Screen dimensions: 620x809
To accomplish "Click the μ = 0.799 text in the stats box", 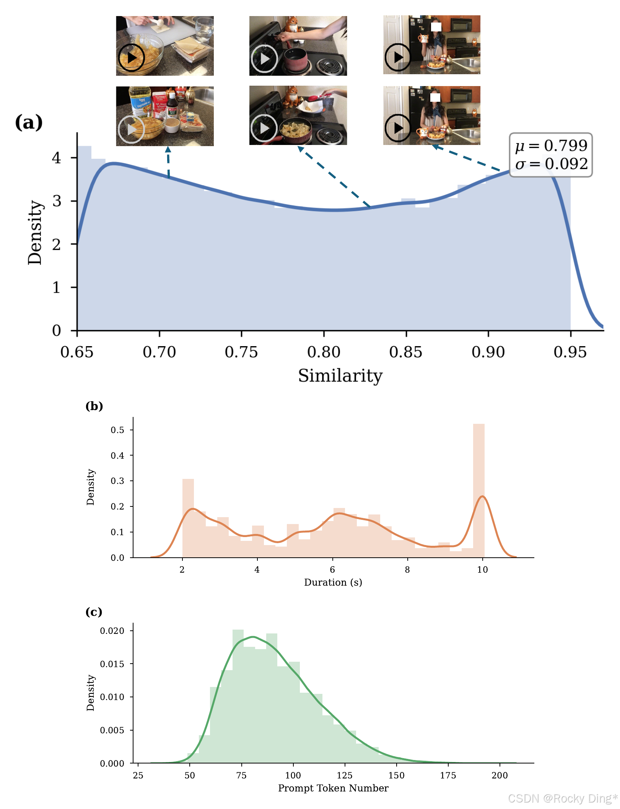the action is (x=551, y=146).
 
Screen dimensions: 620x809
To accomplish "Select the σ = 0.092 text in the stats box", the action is (x=551, y=164).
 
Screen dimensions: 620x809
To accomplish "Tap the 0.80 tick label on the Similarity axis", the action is (x=324, y=352).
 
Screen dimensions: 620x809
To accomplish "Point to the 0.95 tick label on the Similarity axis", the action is (x=570, y=352).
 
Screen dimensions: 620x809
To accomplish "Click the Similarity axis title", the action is (x=340, y=376).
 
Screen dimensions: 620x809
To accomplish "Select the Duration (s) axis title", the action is (x=333, y=582).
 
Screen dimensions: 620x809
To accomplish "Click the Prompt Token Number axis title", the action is (x=333, y=788).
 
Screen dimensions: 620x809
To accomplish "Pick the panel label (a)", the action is (x=29, y=123).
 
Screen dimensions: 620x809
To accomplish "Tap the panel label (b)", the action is (x=94, y=406).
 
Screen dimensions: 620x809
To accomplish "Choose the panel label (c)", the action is (x=94, y=612).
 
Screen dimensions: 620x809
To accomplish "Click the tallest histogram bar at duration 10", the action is (x=479, y=491).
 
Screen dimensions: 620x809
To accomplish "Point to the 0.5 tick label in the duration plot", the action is (x=117, y=430).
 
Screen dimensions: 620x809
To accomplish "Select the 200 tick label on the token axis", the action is (x=500, y=775).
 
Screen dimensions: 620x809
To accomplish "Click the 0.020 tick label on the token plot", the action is (x=112, y=631).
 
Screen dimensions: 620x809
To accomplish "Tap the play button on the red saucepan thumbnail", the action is (x=264, y=59).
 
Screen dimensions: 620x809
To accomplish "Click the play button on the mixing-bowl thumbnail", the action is (x=132, y=58).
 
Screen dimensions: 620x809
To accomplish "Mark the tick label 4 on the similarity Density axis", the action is (x=57, y=158).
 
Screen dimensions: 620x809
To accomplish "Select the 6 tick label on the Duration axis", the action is (x=332, y=570).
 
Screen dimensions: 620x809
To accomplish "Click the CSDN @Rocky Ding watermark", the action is (x=563, y=799).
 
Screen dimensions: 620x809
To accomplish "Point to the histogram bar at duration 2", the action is (x=188, y=518).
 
